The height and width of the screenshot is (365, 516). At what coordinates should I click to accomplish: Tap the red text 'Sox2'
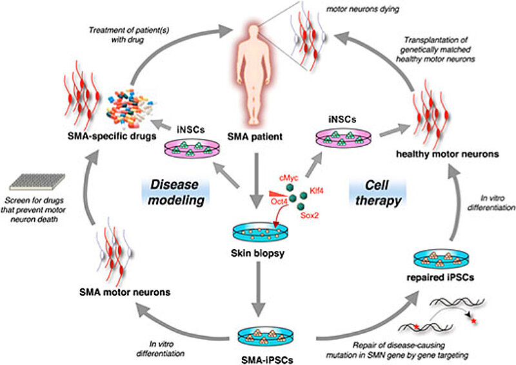click(312, 217)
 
